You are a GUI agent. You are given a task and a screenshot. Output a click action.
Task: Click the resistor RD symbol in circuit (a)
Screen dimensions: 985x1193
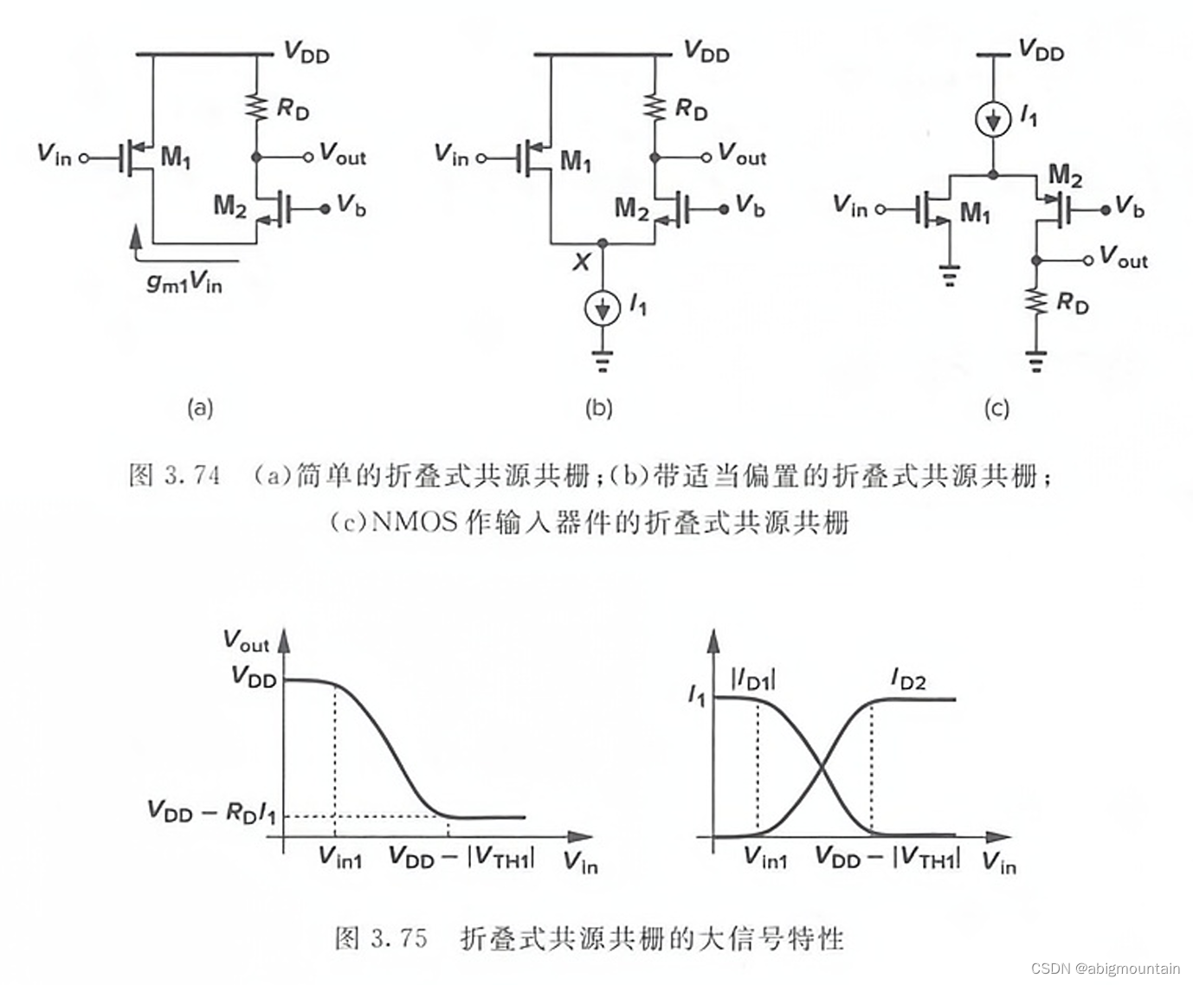[x=257, y=108]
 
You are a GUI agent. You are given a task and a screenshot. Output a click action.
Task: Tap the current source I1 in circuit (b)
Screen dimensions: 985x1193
[x=603, y=306]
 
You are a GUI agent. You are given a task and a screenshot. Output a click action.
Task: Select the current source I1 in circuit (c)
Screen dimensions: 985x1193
[x=993, y=119]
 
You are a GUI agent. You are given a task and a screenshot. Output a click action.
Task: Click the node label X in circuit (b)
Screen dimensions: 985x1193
[x=581, y=261]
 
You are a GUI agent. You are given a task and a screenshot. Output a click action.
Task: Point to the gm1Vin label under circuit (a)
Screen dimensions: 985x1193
[x=184, y=282]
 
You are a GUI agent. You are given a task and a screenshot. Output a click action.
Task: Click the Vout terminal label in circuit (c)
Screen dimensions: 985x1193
[x=1123, y=257]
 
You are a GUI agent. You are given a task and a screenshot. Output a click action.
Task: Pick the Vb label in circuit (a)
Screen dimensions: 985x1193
[x=351, y=206]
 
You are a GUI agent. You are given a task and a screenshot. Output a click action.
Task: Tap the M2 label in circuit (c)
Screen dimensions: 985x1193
[x=1065, y=177]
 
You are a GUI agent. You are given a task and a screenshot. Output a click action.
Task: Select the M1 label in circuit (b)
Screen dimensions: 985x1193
[x=576, y=160]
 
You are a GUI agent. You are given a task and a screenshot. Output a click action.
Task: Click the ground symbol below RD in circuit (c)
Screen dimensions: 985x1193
[x=1036, y=359]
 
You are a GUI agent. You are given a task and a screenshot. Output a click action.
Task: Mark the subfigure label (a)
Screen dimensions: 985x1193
[x=200, y=408]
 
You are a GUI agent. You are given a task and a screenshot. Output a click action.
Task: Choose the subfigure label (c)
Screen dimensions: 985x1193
[x=996, y=408]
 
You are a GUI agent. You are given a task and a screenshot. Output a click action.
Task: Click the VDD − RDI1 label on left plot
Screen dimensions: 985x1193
[x=212, y=812]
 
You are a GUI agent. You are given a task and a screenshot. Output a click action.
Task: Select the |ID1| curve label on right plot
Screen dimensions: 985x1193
[x=753, y=679]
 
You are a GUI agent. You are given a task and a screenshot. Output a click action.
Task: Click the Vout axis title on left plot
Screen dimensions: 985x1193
[x=246, y=641]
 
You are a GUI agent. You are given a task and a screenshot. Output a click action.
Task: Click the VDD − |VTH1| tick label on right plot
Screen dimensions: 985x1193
[x=887, y=858]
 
